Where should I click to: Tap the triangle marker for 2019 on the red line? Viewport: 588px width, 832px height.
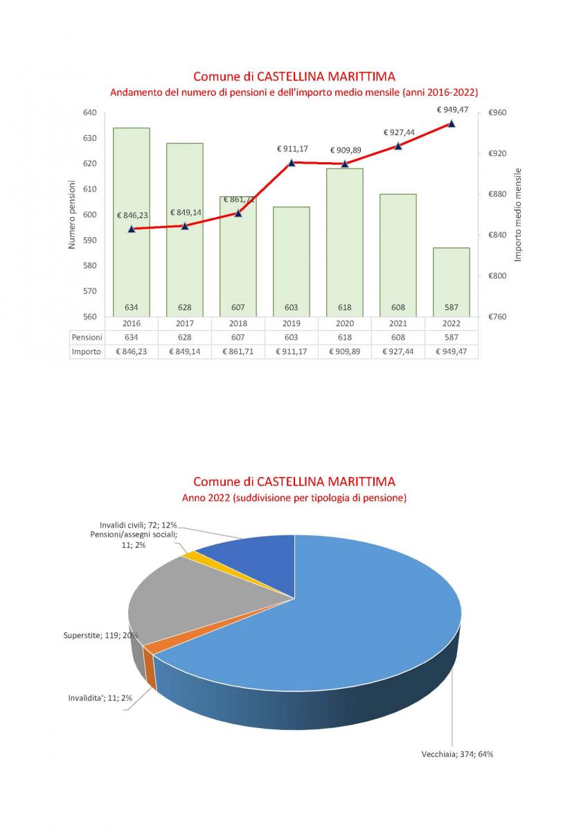coord(292,162)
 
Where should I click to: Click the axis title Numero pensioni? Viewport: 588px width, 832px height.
coord(72,215)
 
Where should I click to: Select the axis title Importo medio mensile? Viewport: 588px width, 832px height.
coord(517,215)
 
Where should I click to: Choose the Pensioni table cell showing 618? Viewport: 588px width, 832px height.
coord(345,337)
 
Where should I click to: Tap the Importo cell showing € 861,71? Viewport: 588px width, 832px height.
coord(238,352)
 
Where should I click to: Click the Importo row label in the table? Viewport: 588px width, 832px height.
coord(87,352)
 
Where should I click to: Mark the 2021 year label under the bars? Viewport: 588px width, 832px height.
coord(398,323)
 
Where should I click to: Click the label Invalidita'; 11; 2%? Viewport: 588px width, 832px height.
coord(100,698)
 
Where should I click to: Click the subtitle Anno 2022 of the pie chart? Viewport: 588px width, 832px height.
coord(294,498)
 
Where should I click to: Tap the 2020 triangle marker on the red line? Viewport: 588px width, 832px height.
coord(345,164)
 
